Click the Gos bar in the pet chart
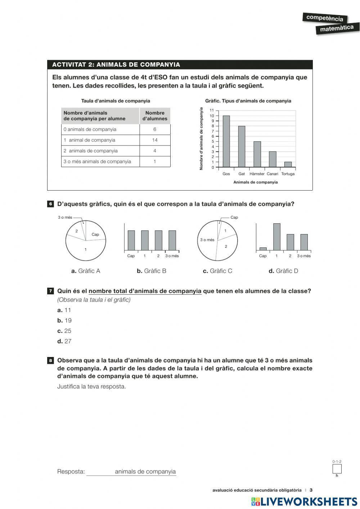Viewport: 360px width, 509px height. coord(226,141)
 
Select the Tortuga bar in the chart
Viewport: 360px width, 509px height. coord(288,165)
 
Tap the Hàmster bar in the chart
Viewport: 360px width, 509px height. coord(257,154)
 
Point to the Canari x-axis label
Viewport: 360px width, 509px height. coord(273,174)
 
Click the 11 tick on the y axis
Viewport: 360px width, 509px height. coord(212,111)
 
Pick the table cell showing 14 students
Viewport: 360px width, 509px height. coord(155,140)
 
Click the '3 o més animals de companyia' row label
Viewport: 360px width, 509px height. coord(97,162)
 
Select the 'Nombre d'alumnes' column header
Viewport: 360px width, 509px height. coord(155,116)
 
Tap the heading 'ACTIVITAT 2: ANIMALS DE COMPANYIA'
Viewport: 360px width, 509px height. coord(116,65)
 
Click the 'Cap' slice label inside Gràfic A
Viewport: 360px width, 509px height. coord(95,235)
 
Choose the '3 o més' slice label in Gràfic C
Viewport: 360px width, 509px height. coord(207,240)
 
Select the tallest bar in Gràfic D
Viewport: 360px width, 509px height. coord(276,237)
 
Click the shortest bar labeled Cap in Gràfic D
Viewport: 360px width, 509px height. coord(263,249)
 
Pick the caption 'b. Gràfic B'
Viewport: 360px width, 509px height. coord(151,271)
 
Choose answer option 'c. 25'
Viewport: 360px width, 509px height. coord(64,331)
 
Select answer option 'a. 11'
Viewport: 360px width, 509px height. coord(64,310)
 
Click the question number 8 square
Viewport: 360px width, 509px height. coord(51,361)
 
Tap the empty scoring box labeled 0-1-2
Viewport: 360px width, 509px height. coord(337,469)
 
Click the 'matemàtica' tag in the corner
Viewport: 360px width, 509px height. coord(336,28)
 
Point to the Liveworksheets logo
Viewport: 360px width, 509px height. coord(304,501)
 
